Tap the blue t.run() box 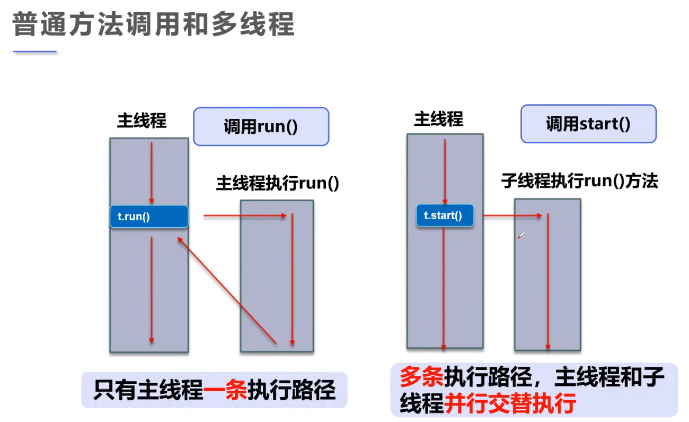coord(149,217)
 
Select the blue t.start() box coord(444,216)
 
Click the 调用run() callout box coord(261,126)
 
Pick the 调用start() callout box coord(588,124)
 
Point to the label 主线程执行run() coord(277,184)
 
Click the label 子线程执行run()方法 coord(579,182)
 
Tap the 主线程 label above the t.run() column coord(142,121)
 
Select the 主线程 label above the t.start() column coord(438,119)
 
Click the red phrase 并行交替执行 coord(510,404)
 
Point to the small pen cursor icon coord(520,235)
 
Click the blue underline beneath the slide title coord(35,52)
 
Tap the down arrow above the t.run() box coord(152,173)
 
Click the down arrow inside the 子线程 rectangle coord(548,281)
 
